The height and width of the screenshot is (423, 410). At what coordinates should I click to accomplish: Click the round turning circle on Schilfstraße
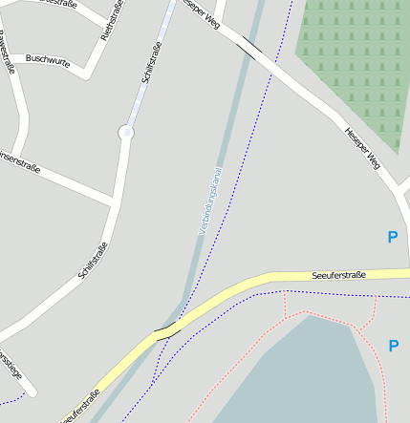tap(126, 133)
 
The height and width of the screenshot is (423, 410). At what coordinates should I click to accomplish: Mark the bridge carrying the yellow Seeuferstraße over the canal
tap(166, 330)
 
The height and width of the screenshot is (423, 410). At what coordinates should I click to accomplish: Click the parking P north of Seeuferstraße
tap(392, 237)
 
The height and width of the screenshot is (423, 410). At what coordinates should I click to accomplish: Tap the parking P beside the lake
tap(393, 345)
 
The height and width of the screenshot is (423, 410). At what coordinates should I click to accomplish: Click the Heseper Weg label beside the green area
tap(364, 147)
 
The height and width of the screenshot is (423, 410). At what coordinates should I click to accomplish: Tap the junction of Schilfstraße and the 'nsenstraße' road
tap(115, 201)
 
